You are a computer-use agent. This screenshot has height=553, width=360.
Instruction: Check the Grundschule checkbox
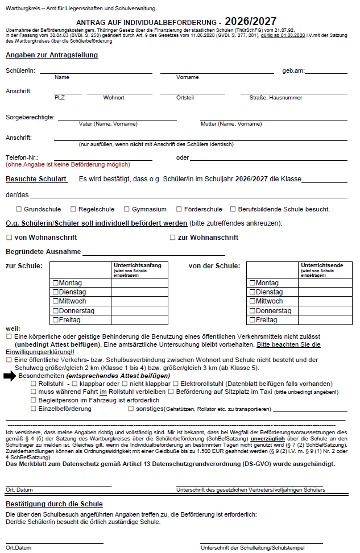click(x=19, y=209)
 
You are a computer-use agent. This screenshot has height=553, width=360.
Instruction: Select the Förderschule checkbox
click(x=179, y=209)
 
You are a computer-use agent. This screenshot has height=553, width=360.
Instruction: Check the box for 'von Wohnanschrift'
click(x=9, y=238)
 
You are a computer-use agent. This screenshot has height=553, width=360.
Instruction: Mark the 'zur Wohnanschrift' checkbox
click(x=173, y=238)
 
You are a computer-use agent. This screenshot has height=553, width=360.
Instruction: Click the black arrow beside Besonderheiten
click(x=10, y=376)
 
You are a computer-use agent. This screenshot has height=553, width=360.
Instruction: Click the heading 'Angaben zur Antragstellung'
click(x=52, y=55)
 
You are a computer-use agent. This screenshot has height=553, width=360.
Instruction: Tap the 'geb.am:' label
click(x=293, y=70)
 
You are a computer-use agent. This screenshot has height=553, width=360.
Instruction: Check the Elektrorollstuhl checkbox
click(x=176, y=384)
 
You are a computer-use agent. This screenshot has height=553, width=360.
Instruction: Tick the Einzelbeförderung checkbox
click(x=34, y=409)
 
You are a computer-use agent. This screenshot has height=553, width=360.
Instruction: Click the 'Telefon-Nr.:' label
click(x=22, y=157)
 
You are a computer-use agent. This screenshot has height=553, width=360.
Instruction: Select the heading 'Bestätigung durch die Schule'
click(x=54, y=504)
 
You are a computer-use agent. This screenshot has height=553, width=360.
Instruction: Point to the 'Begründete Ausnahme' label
click(x=43, y=252)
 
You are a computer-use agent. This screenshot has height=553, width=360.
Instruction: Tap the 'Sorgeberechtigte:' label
click(x=30, y=117)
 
